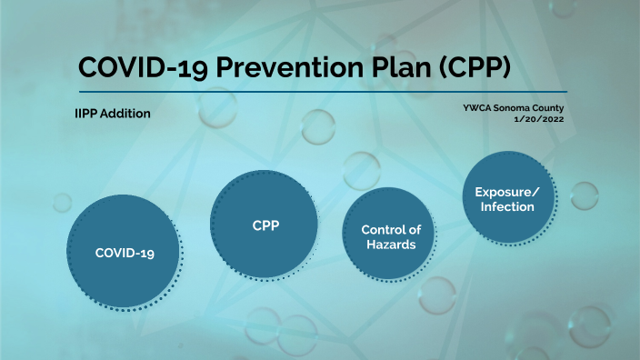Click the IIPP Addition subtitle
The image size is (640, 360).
point(113,114)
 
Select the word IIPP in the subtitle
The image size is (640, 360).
point(88,114)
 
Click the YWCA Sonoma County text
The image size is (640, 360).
point(519,108)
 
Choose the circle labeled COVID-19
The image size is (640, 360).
point(125,252)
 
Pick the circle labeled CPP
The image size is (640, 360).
point(265,224)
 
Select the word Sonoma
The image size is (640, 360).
point(517,108)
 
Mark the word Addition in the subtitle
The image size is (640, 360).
point(126,114)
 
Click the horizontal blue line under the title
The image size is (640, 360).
point(322,92)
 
